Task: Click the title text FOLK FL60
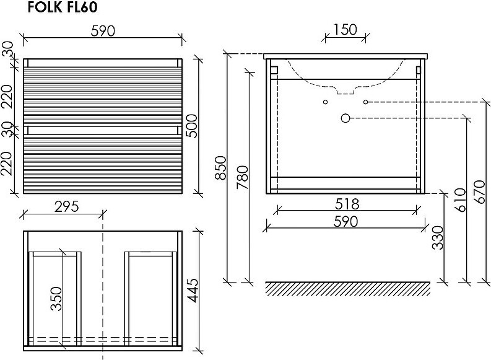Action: pos(63,7)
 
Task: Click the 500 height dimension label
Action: pos(192,126)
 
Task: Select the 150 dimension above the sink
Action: pos(345,30)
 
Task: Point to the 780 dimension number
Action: pos(242,177)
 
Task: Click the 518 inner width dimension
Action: pos(347,204)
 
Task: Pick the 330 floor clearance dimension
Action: pos(438,237)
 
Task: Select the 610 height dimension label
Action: pos(460,200)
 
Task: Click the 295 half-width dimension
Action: pos(66,206)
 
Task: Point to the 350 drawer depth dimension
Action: pos(56,299)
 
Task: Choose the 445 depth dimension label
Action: pos(193,291)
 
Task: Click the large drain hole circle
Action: pos(345,118)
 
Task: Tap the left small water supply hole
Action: pos(325,102)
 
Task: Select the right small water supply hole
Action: pos(365,102)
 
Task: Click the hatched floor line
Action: pos(347,288)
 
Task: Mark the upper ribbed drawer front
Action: pos(103,97)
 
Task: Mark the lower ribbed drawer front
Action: pos(103,164)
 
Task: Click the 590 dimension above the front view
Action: pos(103,31)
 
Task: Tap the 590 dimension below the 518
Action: pos(345,221)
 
